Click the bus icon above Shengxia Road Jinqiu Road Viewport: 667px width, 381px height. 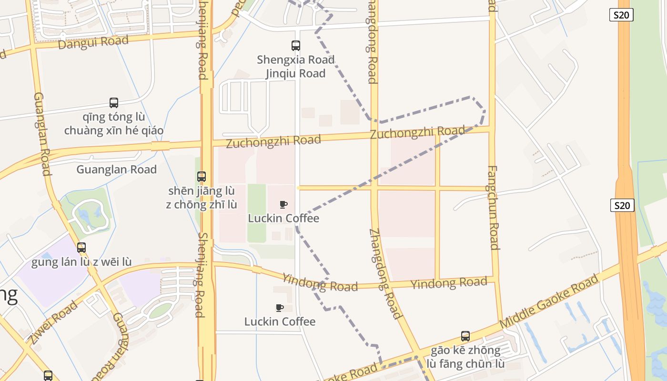point(296,46)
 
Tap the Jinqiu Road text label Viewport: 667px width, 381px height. point(295,73)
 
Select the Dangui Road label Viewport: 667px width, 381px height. point(93,42)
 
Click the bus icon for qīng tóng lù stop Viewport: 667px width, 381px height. point(114,103)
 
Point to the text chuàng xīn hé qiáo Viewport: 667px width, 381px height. point(114,130)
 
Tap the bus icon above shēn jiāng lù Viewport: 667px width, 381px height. point(202,177)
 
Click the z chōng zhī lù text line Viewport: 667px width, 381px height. point(202,205)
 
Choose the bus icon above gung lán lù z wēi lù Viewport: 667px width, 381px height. point(81,248)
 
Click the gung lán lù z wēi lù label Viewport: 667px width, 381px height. point(81,262)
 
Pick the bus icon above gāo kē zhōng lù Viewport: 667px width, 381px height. point(465,336)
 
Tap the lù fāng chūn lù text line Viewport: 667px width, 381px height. point(465,364)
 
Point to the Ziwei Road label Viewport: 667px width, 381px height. point(52,322)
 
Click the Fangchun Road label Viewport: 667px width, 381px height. point(493,207)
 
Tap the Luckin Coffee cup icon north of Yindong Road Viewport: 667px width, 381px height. point(283,205)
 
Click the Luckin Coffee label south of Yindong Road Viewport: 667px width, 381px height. point(280,321)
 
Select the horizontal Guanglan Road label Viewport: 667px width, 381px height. point(117,170)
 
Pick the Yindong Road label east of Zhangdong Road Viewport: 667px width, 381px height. point(449,283)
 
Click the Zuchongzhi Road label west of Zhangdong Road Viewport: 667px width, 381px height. point(273,141)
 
